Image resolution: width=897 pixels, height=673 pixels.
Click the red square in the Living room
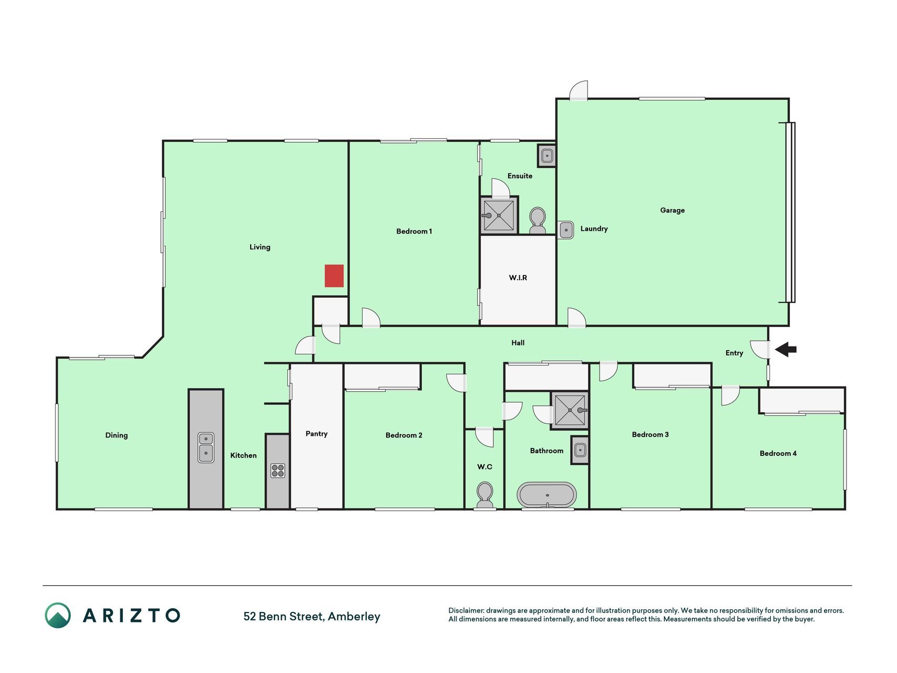[x=334, y=276]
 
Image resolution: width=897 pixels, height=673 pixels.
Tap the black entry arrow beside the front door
[x=786, y=349]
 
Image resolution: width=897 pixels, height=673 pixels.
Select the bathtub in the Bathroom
[x=547, y=495]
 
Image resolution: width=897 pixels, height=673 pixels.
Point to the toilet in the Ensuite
[x=537, y=221]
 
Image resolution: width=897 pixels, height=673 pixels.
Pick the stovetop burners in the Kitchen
[x=277, y=470]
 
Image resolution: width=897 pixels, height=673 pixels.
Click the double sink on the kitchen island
[x=206, y=447]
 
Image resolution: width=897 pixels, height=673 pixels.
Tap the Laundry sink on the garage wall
[x=565, y=230]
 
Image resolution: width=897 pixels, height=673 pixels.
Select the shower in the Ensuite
[x=499, y=215]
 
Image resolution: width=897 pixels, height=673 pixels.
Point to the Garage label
[x=672, y=210]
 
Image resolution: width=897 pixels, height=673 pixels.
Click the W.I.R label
[x=518, y=278]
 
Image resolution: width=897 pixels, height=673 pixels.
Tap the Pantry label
[x=316, y=434]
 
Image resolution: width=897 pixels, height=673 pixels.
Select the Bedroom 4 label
[x=778, y=453]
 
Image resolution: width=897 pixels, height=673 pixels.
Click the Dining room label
[x=116, y=435]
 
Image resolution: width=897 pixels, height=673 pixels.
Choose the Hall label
[x=518, y=343]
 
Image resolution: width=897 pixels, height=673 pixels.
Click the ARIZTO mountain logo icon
[x=58, y=615]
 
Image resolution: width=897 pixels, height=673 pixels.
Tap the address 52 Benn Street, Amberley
[x=312, y=616]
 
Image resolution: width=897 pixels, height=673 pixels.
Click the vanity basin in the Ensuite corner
[x=547, y=156]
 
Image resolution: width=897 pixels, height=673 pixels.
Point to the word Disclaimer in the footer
[x=466, y=610]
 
